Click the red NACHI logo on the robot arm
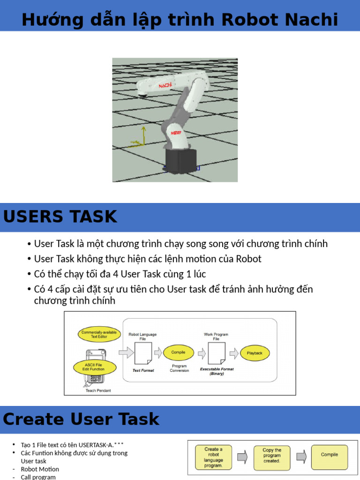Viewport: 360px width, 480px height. point(165,85)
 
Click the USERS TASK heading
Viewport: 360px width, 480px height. point(60,217)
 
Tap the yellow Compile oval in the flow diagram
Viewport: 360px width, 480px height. point(178,352)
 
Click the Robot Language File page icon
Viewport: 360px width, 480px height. point(143,353)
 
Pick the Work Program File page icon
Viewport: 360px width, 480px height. point(216,353)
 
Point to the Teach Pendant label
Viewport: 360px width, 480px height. point(98,390)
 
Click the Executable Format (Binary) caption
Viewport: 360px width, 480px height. point(217,372)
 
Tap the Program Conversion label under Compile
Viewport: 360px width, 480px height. point(179,368)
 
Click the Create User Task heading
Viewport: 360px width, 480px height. point(81,419)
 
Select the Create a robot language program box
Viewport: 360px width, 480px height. point(213,457)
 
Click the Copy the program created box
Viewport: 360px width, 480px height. point(271,456)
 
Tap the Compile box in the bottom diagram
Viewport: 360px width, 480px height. point(329,455)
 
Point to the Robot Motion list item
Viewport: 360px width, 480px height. point(40,469)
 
